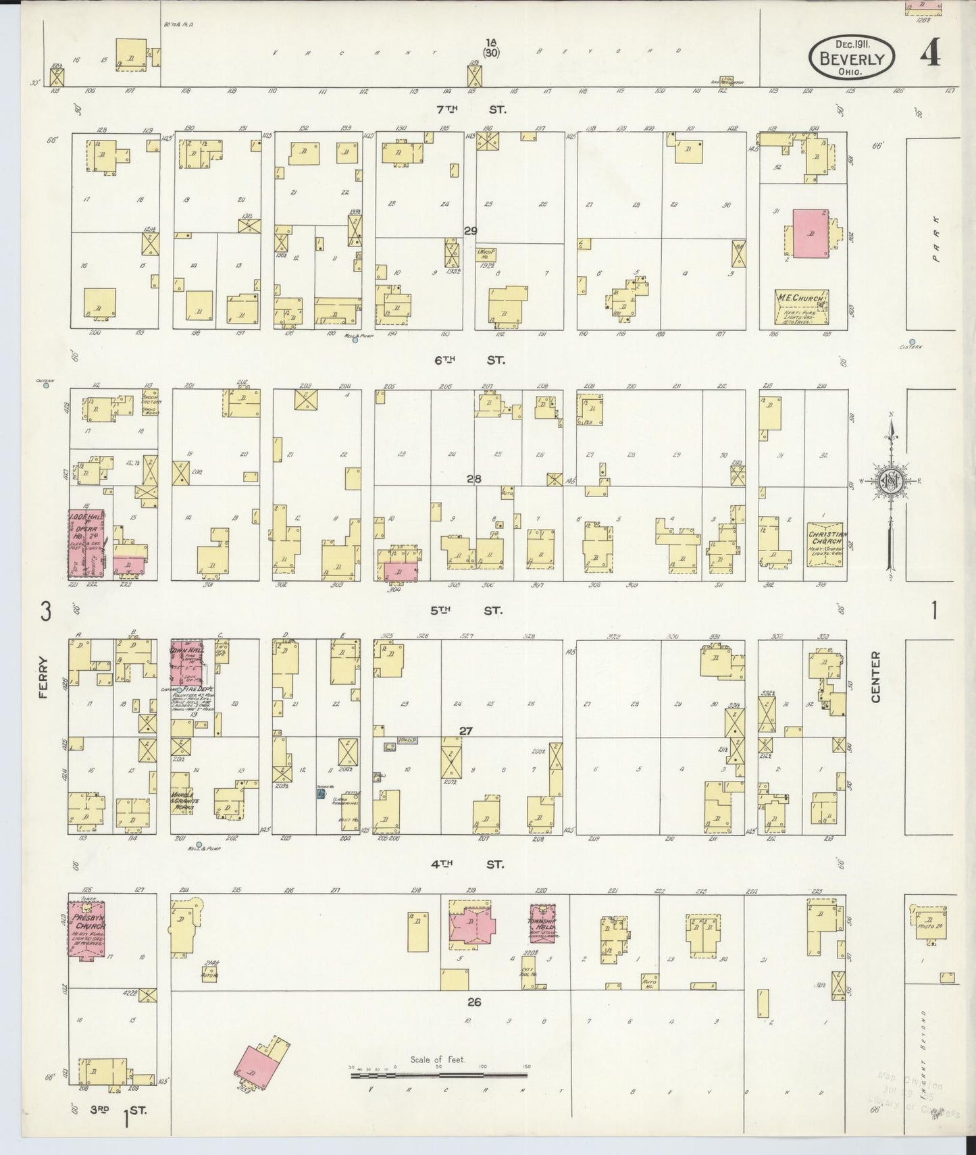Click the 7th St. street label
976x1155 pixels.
[x=471, y=108]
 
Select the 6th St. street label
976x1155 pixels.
[x=470, y=360]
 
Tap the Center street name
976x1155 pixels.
[x=876, y=677]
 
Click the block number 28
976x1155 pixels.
[x=473, y=479]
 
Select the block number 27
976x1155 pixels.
[x=465, y=731]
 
